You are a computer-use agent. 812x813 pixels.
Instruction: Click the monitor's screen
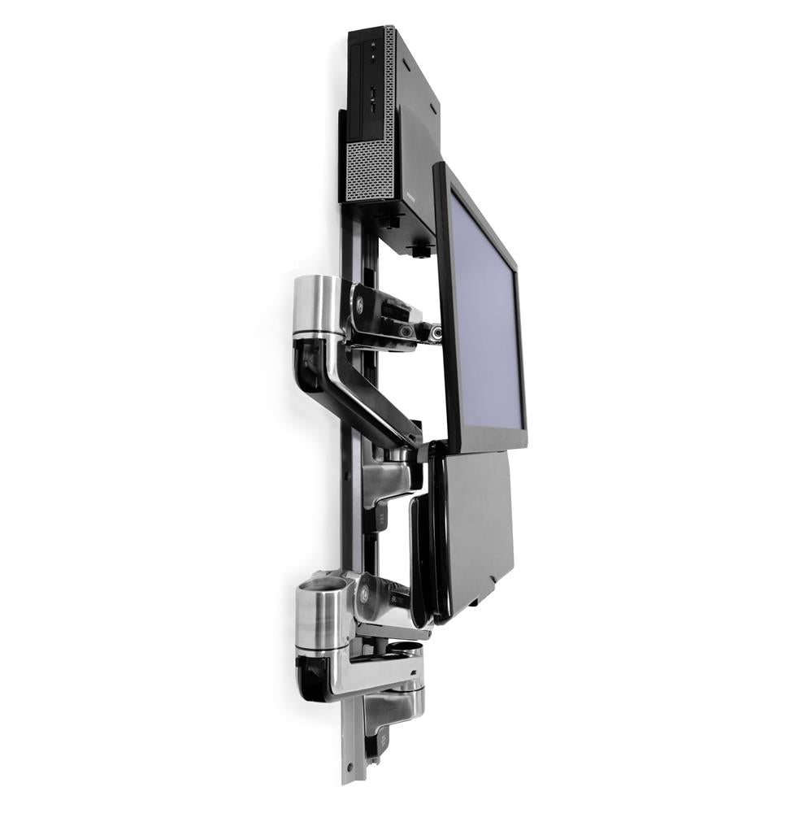[x=486, y=317]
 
